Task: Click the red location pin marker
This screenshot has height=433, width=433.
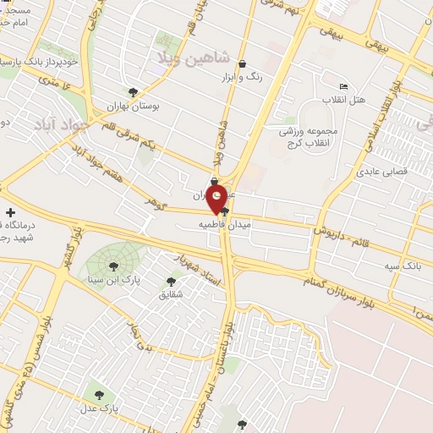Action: click(217, 200)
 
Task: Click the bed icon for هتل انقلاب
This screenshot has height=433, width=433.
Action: click(343, 87)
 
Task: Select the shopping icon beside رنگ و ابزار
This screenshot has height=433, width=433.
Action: click(243, 63)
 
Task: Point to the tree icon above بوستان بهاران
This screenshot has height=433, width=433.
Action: click(132, 92)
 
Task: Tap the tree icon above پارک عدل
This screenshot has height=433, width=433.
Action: click(100, 393)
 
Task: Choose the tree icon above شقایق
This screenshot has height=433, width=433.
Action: click(171, 281)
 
